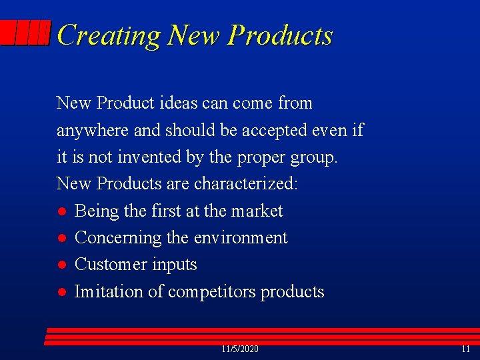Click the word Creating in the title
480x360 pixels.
click(108, 35)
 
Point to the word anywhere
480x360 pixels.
click(93, 131)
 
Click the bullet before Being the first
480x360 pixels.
click(61, 212)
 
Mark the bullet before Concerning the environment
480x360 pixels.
click(61, 239)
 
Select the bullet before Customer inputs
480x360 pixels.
click(61, 265)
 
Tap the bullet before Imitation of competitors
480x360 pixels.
click(61, 292)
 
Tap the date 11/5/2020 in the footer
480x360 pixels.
click(240, 349)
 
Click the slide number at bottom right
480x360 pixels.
click(465, 349)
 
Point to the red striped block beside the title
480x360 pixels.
click(25, 33)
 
